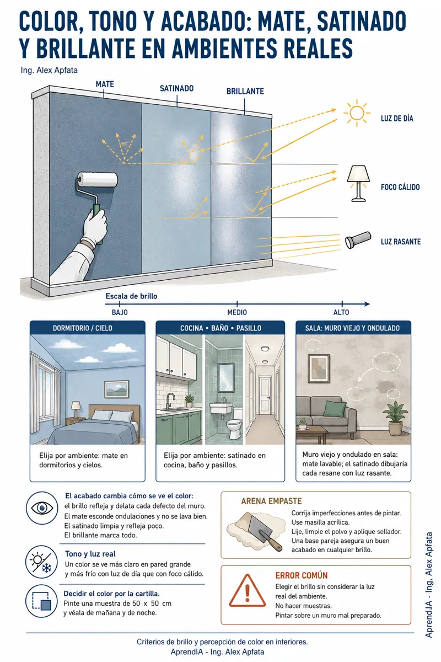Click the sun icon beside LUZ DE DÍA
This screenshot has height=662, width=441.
coord(357,113)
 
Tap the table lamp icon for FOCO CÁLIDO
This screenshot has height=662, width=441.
coord(358,183)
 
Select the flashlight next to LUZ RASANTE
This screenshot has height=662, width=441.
coord(358,240)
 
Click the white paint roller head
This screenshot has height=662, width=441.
coord(98,180)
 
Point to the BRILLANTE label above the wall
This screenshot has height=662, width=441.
coord(245,92)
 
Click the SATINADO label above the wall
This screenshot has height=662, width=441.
coord(176,88)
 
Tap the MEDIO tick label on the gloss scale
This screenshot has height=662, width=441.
coord(237,312)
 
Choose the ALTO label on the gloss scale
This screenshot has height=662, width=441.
coord(341,312)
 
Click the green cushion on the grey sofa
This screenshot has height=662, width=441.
coord(335,409)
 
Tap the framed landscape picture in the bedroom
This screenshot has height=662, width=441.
coord(117,389)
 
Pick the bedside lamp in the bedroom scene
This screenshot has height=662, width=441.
coord(76,409)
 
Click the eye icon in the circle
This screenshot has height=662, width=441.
coord(42,508)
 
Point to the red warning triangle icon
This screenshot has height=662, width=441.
coord(247,591)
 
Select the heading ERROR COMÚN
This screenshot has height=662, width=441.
coord(302,575)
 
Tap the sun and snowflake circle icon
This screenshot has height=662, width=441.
coord(42,562)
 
